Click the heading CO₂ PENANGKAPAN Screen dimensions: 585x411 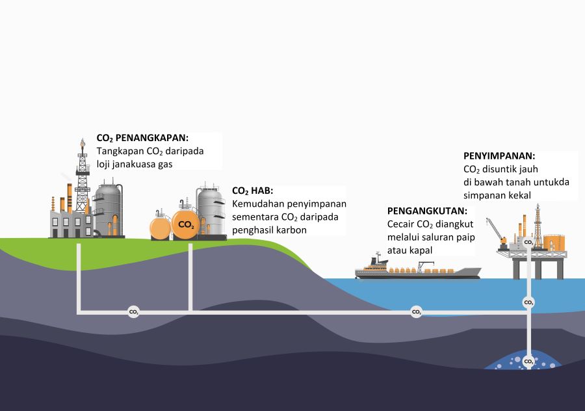pyautogui.click(x=142, y=138)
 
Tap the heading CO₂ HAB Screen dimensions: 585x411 pyautogui.click(x=253, y=191)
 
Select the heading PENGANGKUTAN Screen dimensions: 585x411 pyautogui.click(x=427, y=211)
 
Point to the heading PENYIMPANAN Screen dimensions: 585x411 pyautogui.click(x=499, y=156)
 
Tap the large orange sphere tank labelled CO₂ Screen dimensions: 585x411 pyautogui.click(x=186, y=224)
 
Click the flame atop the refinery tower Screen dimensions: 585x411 pyautogui.click(x=83, y=142)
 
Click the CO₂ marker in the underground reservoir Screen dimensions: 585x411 pyautogui.click(x=528, y=362)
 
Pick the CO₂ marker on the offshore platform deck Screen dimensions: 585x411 pyautogui.click(x=528, y=243)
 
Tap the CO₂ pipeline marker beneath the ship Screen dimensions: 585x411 pyautogui.click(x=417, y=312)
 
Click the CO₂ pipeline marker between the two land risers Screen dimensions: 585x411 pyautogui.click(x=133, y=312)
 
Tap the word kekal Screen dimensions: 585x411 pyautogui.click(x=519, y=195)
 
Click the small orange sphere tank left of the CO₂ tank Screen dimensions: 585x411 pyautogui.click(x=160, y=228)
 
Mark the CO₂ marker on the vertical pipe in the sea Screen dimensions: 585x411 pyautogui.click(x=528, y=302)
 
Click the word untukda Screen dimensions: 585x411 pyautogui.click(x=551, y=182)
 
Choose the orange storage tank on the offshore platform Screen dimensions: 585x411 pyautogui.click(x=554, y=243)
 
